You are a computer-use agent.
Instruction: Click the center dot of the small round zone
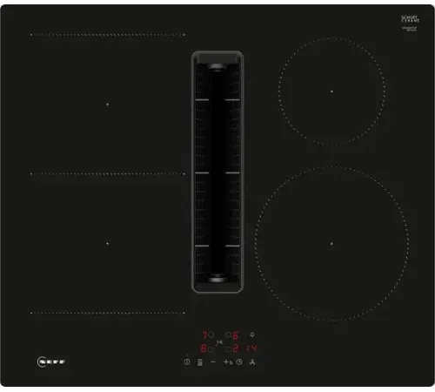331,91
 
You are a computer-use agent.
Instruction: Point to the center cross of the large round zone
331,242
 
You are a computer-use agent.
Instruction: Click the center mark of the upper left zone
107,104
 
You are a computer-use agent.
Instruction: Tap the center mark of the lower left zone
107,243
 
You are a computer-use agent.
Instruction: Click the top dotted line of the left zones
108,35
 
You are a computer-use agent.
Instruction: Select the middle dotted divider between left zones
108,173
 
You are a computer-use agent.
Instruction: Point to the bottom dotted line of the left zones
108,313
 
